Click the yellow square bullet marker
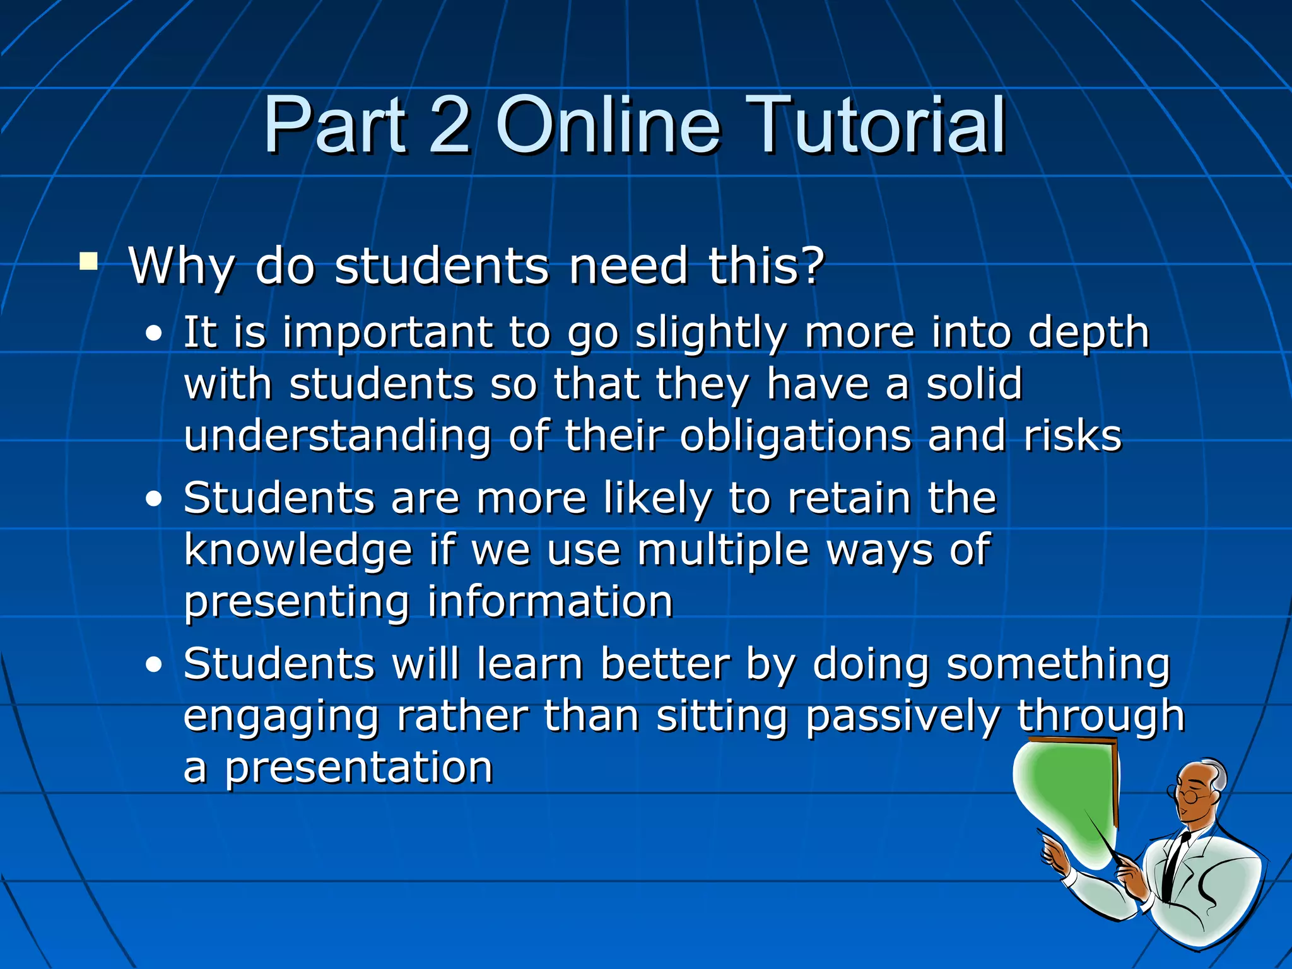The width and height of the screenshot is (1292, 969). [x=89, y=261]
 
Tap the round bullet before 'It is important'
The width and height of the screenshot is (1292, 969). [x=153, y=334]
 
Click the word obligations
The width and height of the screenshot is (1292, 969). [x=796, y=437]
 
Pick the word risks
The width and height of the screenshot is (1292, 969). [x=1072, y=437]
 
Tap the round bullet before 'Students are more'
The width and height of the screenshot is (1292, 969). [x=153, y=500]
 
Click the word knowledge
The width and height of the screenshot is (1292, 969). [x=298, y=551]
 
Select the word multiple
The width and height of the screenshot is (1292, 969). [x=723, y=551]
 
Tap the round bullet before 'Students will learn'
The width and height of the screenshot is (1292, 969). [x=153, y=666]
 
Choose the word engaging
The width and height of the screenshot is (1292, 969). [x=281, y=717]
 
